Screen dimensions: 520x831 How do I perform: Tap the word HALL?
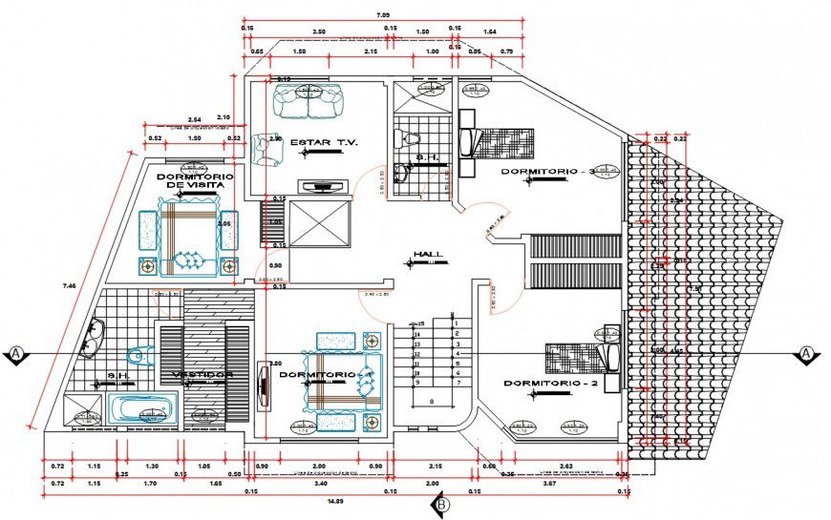pos(427,255)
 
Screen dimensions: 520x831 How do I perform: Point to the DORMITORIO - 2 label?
pos(549,384)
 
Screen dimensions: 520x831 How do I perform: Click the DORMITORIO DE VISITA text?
pos(189,181)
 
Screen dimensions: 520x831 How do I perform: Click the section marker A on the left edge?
pos(17,354)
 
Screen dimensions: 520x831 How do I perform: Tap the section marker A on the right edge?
pos(806,354)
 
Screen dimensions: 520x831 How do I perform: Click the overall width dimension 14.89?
pos(335,500)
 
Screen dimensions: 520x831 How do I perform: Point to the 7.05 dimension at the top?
pos(382,15)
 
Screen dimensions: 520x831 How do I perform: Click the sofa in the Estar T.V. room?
pos(308,102)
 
